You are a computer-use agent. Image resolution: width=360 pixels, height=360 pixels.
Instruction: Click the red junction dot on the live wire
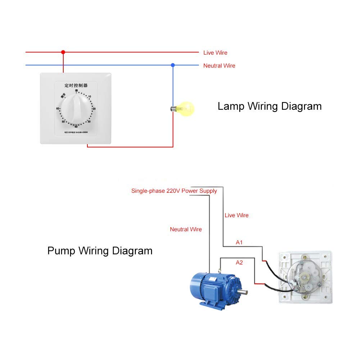pyautogui.click(x=63, y=52)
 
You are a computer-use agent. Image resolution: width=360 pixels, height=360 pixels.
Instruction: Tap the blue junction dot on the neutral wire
pyautogui.click(x=173, y=65)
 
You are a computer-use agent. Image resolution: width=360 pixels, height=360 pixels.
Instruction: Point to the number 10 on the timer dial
pyautogui.click(x=90, y=96)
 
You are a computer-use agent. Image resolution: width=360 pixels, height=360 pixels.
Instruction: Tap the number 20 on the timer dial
pyautogui.click(x=94, y=109)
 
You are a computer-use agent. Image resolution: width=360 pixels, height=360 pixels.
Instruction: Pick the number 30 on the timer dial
pyautogui.click(x=89, y=122)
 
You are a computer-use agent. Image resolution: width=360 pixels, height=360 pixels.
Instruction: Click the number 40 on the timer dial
pyautogui.click(x=76, y=127)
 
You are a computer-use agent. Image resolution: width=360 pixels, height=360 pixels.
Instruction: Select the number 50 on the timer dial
pyautogui.click(x=63, y=122)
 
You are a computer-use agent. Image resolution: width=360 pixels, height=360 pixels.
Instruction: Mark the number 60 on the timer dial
pyautogui.click(x=58, y=109)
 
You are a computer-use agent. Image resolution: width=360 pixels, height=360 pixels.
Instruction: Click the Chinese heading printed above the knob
pyautogui.click(x=76, y=86)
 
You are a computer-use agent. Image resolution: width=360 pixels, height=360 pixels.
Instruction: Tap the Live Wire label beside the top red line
pyautogui.click(x=215, y=53)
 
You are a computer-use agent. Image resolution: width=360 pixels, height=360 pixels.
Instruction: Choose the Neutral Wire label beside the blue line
pyautogui.click(x=219, y=66)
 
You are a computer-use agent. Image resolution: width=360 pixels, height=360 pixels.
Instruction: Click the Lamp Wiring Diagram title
pyautogui.click(x=269, y=106)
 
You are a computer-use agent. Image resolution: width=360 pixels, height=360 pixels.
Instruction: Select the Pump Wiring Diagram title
pyautogui.click(x=100, y=250)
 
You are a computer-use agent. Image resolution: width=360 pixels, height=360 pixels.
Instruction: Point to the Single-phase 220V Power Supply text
pyautogui.click(x=174, y=191)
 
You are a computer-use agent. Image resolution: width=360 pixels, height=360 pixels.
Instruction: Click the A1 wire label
pyautogui.click(x=239, y=242)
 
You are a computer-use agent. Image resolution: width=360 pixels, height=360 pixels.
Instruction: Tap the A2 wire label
pyautogui.click(x=239, y=263)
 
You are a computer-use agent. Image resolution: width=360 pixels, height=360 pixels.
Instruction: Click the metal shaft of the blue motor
pyautogui.click(x=244, y=292)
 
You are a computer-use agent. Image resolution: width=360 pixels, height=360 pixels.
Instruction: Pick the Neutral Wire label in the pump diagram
pyautogui.click(x=186, y=229)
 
